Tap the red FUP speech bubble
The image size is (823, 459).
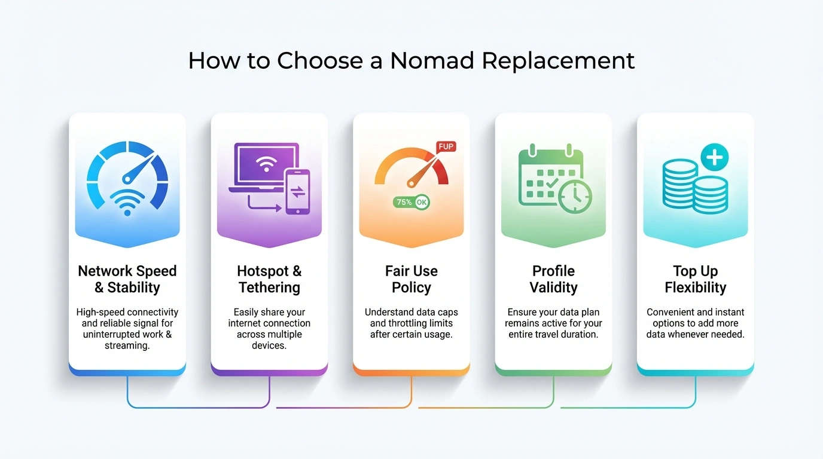[446, 147]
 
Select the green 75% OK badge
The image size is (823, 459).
[411, 202]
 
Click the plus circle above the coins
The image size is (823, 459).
[715, 158]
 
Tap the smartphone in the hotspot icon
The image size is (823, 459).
[297, 191]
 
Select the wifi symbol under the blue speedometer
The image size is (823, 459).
[127, 202]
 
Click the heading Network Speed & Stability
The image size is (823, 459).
[127, 279]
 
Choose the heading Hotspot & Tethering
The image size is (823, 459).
[269, 279]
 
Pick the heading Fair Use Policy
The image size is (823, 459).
[411, 279]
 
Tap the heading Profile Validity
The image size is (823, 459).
[553, 279]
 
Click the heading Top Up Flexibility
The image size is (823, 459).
[695, 279]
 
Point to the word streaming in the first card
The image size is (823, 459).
[127, 345]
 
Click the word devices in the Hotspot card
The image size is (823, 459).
[269, 345]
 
